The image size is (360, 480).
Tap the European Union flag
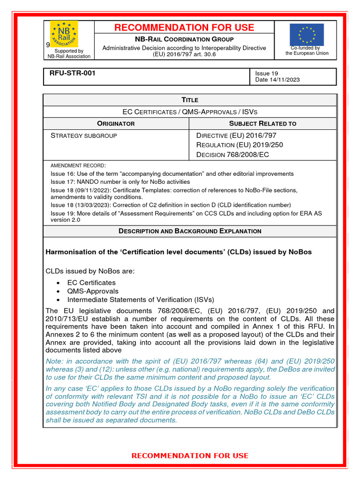307,34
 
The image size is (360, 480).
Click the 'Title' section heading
190,100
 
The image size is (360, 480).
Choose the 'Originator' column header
116,124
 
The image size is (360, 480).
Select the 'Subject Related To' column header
262,124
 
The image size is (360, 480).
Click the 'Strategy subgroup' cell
83,135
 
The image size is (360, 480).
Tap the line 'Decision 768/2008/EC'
232,155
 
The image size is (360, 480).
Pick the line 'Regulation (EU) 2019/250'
240,145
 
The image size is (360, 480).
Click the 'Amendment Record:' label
78,165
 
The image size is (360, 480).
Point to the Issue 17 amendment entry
120,182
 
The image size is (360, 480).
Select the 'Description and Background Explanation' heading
190,231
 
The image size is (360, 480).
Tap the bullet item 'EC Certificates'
91,283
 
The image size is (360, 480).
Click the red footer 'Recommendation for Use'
190,456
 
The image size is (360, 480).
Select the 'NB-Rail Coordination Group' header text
184,39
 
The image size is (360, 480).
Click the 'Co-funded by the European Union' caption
307,51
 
